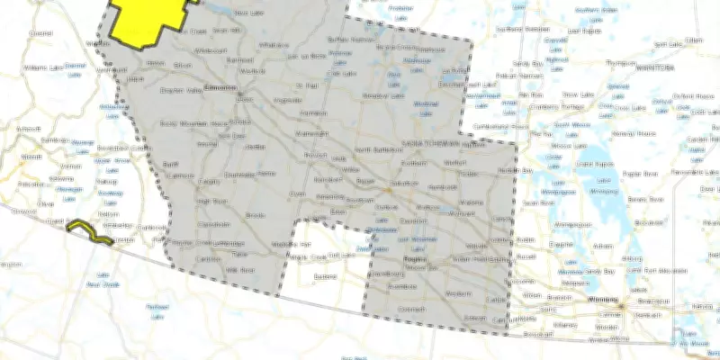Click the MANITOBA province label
tap(654, 67)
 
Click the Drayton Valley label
tap(177, 91)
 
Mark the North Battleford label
tap(375, 149)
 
